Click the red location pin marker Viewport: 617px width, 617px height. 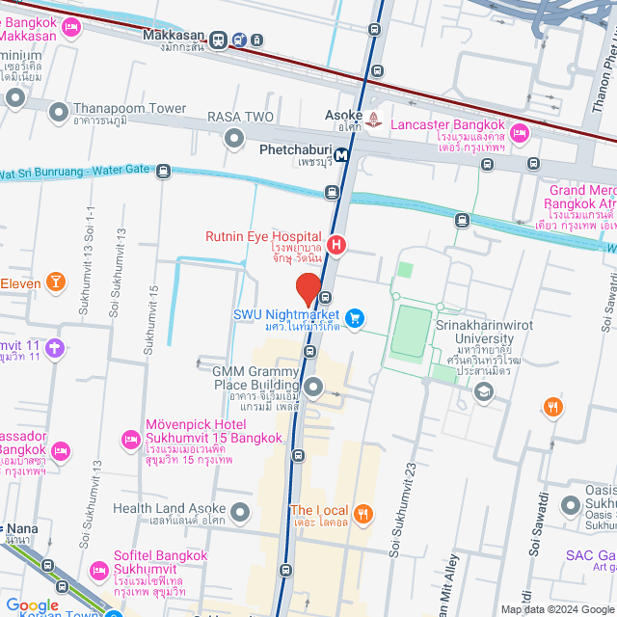click(x=308, y=289)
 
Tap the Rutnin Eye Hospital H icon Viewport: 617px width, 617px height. click(x=336, y=245)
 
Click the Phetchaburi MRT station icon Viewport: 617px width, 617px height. click(x=341, y=154)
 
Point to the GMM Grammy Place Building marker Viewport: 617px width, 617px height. click(x=313, y=388)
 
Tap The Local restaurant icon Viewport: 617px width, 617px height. click(x=363, y=513)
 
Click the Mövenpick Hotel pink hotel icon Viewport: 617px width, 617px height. click(x=131, y=440)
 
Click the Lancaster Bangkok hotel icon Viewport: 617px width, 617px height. click(x=520, y=133)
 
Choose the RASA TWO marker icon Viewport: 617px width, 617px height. click(x=234, y=139)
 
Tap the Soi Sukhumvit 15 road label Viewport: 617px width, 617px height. click(x=149, y=319)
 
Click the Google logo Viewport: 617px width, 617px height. click(x=33, y=604)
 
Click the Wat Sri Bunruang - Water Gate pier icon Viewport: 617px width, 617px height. click(x=163, y=172)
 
